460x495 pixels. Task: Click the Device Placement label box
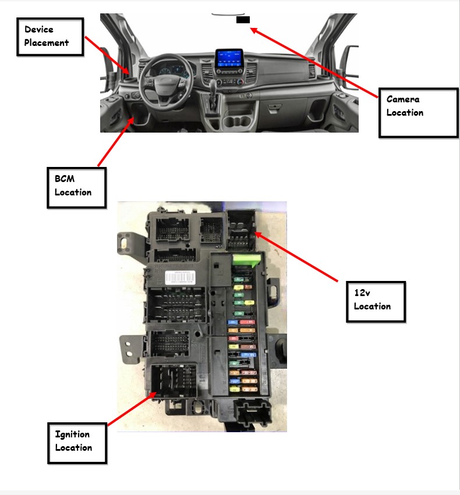[51, 37]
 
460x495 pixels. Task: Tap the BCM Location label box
[76, 187]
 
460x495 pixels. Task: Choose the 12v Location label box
[376, 301]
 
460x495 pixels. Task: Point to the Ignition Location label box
[77, 443]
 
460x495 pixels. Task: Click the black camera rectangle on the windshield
[243, 20]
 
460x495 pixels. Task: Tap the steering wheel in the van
[164, 78]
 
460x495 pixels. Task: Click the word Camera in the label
[403, 99]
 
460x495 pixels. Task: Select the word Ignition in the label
[72, 435]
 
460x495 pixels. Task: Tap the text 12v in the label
[362, 293]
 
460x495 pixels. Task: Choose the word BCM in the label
[65, 179]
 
